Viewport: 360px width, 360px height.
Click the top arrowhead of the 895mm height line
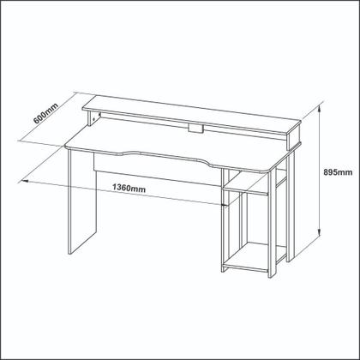(x=319, y=99)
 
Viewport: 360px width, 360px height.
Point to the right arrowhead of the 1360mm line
(x=225, y=204)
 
